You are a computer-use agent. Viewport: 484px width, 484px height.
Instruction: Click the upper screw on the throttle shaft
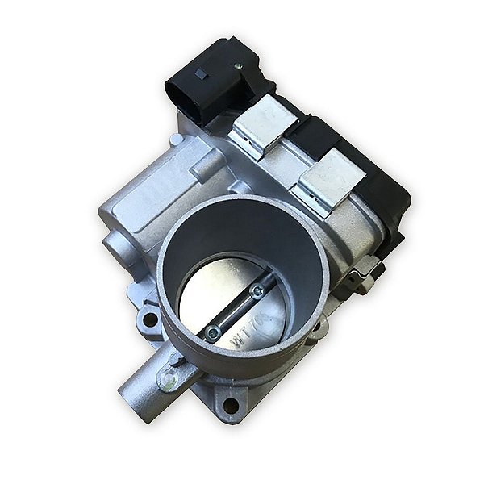tap(257, 291)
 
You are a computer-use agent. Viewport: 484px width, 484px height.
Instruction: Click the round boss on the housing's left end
tap(112, 241)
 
